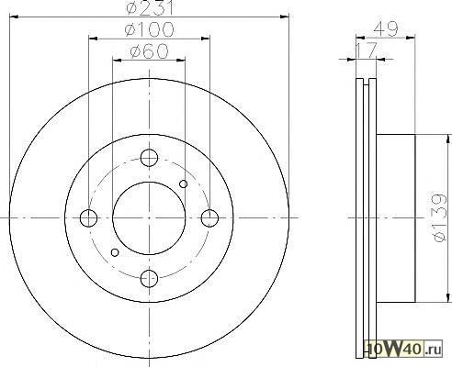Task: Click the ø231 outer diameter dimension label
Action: (150, 7)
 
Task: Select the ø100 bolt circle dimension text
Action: (150, 29)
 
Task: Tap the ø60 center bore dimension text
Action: (149, 50)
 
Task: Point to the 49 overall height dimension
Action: (386, 29)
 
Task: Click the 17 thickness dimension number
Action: (366, 50)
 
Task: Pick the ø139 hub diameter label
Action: (440, 217)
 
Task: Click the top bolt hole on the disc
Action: (149, 158)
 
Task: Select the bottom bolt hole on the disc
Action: (149, 279)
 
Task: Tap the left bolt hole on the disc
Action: (88, 218)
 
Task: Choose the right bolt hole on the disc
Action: (209, 218)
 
